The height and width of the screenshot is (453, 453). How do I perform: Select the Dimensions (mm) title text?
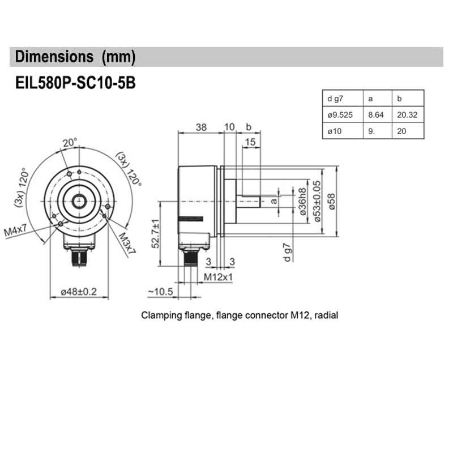75,57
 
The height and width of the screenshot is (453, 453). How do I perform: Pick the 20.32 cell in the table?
407,115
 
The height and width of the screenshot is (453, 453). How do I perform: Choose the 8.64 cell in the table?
376,115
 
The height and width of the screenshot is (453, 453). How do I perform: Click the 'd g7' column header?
336,99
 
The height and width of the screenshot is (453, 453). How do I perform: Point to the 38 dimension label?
200,127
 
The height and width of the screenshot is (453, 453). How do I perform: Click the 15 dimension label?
251,143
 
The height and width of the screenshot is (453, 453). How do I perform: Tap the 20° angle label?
70,143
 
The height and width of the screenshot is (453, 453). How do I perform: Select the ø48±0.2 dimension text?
79,292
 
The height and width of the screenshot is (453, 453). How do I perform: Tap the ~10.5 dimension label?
160,292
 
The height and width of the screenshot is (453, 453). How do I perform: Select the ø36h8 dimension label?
302,200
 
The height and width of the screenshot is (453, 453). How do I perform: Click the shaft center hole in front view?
78,200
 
